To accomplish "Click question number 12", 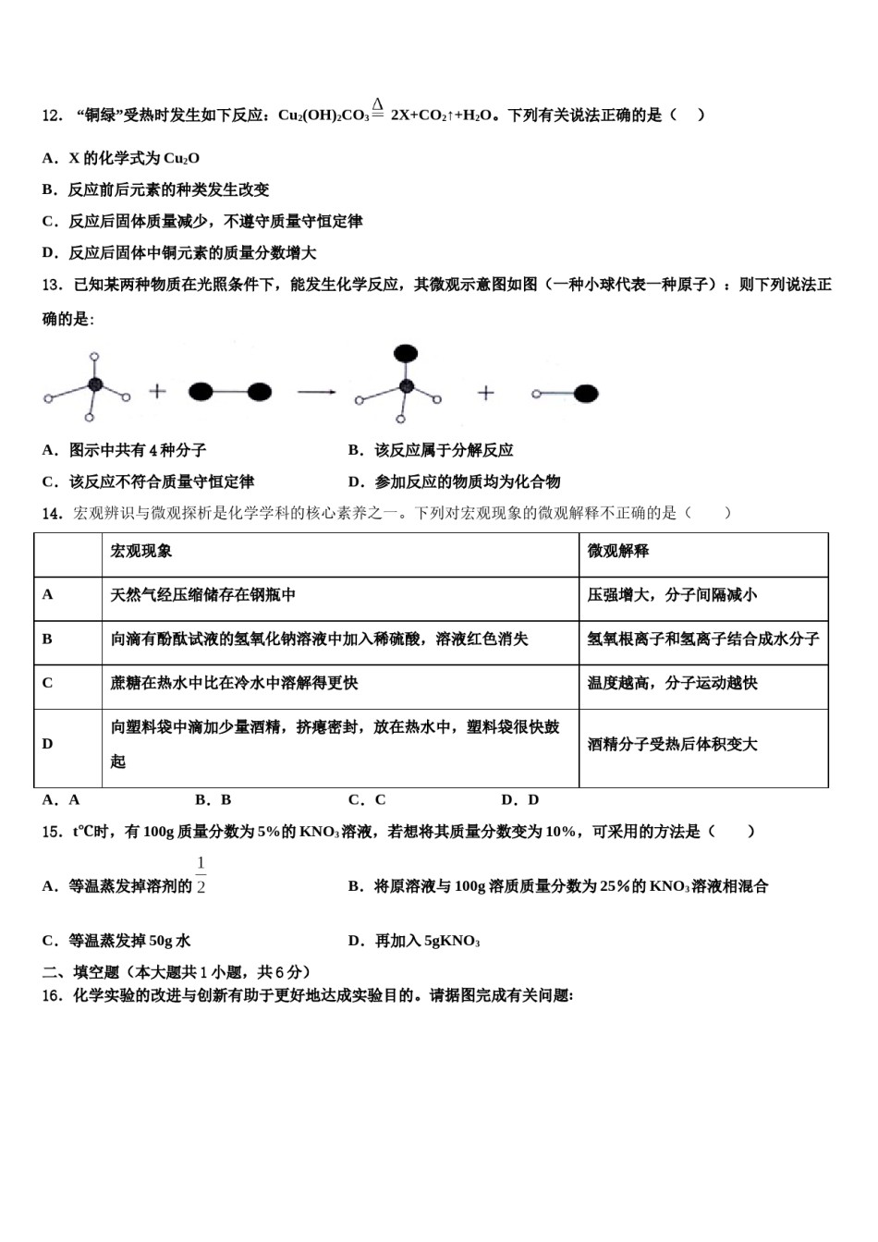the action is point(52,116).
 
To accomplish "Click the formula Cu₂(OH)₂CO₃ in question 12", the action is point(323,116).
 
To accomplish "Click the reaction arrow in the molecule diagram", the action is point(316,393).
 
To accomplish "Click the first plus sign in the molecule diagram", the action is point(158,392).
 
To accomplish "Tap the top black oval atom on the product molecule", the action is point(405,354).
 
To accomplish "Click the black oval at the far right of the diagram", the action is point(585,394).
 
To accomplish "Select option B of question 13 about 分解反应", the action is point(431,450).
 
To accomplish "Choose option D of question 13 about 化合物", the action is point(455,481).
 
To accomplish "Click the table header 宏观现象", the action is point(141,551).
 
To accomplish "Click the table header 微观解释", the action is point(618,551).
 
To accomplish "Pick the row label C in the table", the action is point(48,683).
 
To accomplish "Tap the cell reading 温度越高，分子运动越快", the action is point(672,683).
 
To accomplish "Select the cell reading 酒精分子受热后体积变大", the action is point(672,744).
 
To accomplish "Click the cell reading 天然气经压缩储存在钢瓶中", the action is point(203,595).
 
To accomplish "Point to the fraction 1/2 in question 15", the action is point(201,875).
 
